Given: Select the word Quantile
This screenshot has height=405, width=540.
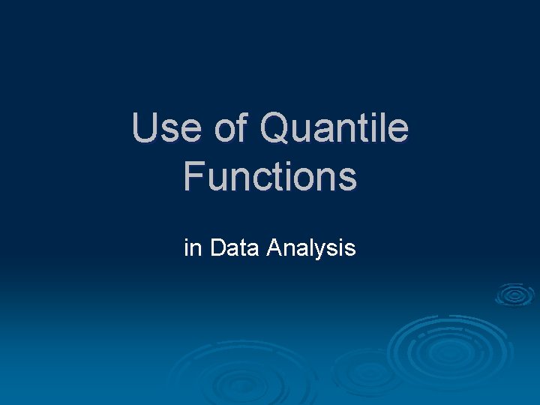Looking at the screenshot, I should (x=334, y=128).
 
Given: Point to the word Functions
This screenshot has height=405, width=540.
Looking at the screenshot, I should (x=270, y=176).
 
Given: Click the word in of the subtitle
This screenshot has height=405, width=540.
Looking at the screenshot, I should (x=193, y=247).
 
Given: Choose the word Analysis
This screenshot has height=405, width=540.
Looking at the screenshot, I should (x=311, y=248).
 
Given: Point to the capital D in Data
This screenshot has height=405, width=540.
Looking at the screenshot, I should (x=218, y=247).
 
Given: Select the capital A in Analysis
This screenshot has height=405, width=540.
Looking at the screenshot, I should (x=274, y=247).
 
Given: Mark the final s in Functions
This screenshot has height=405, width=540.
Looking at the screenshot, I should (x=347, y=178).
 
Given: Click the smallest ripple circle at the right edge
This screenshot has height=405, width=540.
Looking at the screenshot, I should (x=514, y=295).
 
